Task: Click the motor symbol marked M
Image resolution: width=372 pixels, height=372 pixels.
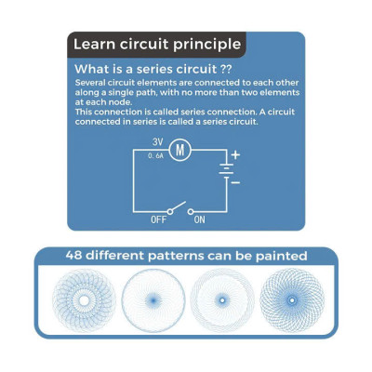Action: click(x=180, y=150)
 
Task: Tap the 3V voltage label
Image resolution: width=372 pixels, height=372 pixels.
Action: click(x=157, y=142)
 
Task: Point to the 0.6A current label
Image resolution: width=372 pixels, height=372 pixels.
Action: click(x=155, y=156)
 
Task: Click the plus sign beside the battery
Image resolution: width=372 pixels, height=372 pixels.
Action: click(x=235, y=154)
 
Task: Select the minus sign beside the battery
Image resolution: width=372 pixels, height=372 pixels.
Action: click(x=235, y=182)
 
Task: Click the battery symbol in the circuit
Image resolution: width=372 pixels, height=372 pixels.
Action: click(x=227, y=170)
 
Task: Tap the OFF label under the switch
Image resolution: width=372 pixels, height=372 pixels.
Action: click(x=158, y=219)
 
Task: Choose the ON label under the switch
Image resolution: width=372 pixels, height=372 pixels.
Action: click(x=199, y=219)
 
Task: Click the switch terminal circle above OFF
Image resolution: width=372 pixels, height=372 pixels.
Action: click(x=169, y=212)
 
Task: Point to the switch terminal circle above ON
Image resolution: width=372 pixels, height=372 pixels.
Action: click(x=191, y=212)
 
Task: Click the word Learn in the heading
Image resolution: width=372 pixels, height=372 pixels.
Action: click(x=94, y=44)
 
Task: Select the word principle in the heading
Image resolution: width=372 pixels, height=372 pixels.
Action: click(x=206, y=45)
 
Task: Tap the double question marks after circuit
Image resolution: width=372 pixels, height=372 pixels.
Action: click(x=225, y=69)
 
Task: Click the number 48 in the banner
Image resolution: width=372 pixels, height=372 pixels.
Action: click(x=73, y=256)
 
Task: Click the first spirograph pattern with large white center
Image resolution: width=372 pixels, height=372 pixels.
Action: click(x=84, y=300)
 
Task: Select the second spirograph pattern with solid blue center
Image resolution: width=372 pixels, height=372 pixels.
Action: click(x=153, y=300)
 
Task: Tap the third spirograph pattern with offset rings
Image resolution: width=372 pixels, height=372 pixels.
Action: click(x=222, y=300)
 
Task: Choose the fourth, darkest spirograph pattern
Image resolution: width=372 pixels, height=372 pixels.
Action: click(x=292, y=300)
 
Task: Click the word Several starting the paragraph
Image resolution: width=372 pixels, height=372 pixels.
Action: click(x=90, y=83)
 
